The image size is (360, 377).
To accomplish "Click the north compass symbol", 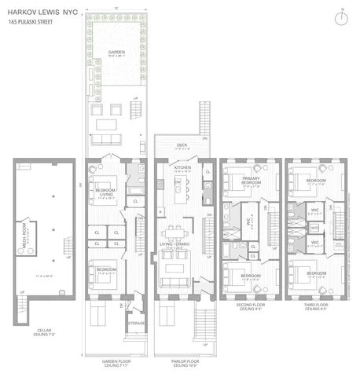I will point(344,17).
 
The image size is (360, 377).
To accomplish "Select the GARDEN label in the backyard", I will point(116,53).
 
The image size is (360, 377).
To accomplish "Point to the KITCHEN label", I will point(183,168).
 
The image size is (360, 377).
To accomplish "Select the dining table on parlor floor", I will point(174,232).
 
